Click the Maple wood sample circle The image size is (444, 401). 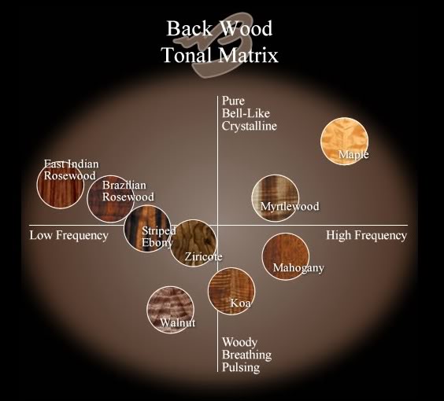click(344, 141)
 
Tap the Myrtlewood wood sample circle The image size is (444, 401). click(276, 197)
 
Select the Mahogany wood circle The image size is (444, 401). click(286, 256)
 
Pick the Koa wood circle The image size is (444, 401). click(231, 291)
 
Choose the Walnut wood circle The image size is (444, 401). click(171, 309)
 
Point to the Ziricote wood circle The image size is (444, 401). click(194, 243)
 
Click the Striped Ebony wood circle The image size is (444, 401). click(148, 229)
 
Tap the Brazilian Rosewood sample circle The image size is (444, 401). click(111, 198)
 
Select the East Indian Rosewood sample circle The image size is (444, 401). click(61, 185)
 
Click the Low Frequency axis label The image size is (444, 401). click(68, 235)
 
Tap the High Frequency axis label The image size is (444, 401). click(366, 235)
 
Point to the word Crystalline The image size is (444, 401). click(250, 126)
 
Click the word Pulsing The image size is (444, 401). click(241, 367)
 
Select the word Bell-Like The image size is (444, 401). click(246, 113)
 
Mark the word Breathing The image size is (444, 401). click(246, 355)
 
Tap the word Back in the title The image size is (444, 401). click(189, 28)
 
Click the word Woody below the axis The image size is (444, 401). click(239, 342)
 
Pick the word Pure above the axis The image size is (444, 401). click(233, 101)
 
